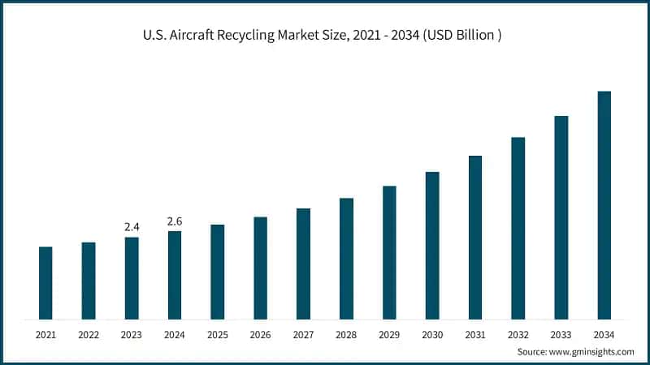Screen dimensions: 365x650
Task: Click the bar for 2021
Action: coord(45,283)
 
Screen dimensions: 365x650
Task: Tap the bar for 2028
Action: coord(346,259)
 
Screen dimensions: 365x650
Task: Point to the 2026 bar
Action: coord(260,268)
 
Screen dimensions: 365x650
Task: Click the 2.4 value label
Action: coord(132,227)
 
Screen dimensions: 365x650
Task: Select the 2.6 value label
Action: coord(175,221)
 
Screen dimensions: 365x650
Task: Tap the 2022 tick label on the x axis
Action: coord(89,334)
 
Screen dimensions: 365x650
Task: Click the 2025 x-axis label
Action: coord(217,334)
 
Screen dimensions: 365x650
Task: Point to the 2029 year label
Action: coord(389,334)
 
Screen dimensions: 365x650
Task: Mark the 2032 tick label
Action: coord(518,334)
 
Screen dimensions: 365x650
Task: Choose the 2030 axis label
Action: coord(432,334)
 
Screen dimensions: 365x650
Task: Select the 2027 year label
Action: coord(303,334)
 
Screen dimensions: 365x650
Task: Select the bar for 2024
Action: coord(175,275)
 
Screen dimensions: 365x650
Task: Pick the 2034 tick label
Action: coord(604,334)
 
